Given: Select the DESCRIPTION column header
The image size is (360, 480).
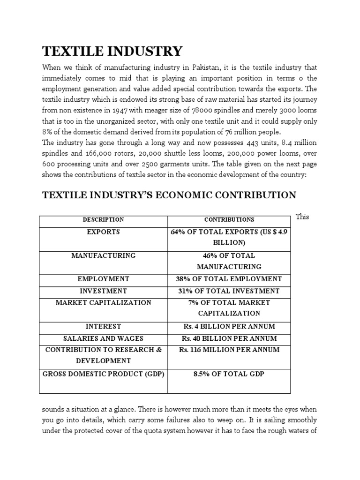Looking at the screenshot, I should pos(103,219).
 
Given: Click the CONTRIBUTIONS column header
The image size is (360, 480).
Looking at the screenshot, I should pos(229,219).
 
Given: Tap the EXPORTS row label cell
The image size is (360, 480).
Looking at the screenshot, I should pos(103,232).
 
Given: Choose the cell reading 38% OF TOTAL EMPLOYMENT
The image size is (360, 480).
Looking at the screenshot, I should pos(229,279).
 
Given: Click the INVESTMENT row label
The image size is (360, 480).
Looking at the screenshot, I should pos(103,291).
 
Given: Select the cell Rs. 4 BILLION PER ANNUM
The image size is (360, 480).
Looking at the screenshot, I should pos(229,326).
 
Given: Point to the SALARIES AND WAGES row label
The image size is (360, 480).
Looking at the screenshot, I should pos(103,338).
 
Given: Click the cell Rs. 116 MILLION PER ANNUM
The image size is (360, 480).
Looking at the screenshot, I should pos(229,350).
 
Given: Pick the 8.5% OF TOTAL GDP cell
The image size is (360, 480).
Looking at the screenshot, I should pos(229,374).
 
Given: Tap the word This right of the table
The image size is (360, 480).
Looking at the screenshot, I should pos(302,217).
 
